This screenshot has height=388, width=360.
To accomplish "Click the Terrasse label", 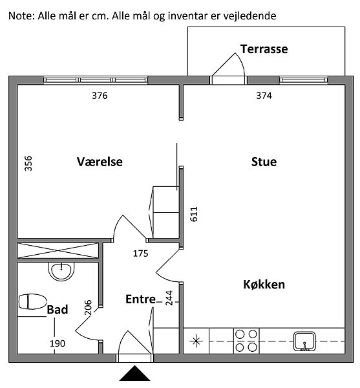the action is [x=264, y=49].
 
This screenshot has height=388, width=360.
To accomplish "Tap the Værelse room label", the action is [x=100, y=162].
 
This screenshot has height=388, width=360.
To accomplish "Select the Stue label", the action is [x=264, y=162].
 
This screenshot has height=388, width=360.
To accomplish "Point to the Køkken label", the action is [x=264, y=285].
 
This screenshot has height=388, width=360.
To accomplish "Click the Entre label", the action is [x=141, y=299].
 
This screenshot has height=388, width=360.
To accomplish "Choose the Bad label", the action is [x=58, y=310].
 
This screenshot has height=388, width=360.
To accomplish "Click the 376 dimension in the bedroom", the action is [x=100, y=96].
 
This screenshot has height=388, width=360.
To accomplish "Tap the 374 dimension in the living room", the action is [x=264, y=96].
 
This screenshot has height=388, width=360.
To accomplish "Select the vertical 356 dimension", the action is [x=28, y=164].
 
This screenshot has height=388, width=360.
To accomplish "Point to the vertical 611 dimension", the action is [x=194, y=214].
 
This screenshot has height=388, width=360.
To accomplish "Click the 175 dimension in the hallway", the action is [x=141, y=253].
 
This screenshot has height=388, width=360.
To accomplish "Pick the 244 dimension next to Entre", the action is [x=169, y=298].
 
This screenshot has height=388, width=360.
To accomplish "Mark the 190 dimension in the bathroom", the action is [x=58, y=343].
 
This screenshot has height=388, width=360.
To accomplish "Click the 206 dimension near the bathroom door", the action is [x=88, y=307].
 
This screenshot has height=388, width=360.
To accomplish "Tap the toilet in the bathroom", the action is [x=32, y=301].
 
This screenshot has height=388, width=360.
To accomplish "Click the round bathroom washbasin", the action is [x=61, y=272].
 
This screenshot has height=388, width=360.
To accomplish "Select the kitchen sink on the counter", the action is [x=304, y=341].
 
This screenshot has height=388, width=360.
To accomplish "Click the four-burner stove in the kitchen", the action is [x=246, y=341].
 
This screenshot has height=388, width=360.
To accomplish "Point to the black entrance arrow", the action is [x=134, y=373].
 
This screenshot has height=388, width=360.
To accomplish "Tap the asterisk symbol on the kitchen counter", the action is [x=196, y=341].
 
